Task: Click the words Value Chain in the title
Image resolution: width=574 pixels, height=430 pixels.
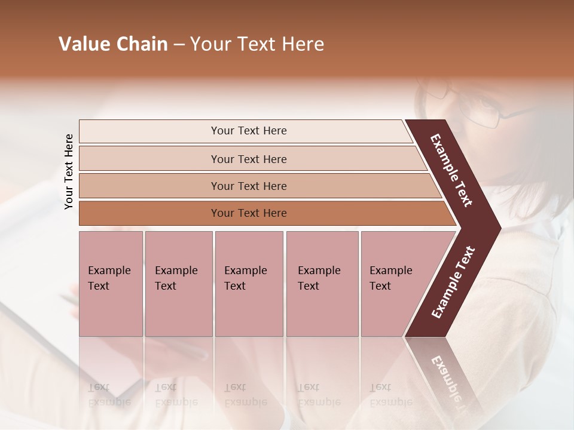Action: pyautogui.click(x=113, y=44)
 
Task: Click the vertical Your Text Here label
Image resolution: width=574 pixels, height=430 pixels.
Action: pyautogui.click(x=69, y=172)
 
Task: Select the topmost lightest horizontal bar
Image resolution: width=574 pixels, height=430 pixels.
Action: pyautogui.click(x=149, y=131)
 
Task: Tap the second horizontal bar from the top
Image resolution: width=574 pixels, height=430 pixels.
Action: pyautogui.click(x=149, y=159)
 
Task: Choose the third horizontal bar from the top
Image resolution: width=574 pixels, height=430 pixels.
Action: pyautogui.click(x=149, y=186)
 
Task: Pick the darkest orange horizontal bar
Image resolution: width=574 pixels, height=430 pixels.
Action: pyautogui.click(x=149, y=213)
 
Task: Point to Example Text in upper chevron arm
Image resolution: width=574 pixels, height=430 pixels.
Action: pyautogui.click(x=451, y=170)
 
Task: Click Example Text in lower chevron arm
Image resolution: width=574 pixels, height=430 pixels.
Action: pyautogui.click(x=453, y=282)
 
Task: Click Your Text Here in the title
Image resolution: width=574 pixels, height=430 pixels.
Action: pyautogui.click(x=257, y=44)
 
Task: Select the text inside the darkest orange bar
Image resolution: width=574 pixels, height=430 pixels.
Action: pyautogui.click(x=249, y=213)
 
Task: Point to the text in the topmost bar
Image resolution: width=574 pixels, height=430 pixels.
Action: pyautogui.click(x=249, y=131)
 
